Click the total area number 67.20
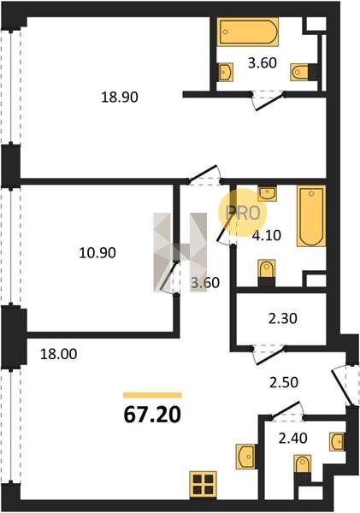click(x=152, y=415)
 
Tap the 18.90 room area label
click(x=120, y=97)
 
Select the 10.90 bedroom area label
click(x=97, y=253)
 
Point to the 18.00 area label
click(x=59, y=354)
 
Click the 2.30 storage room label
click(x=283, y=318)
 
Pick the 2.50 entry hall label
click(x=284, y=382)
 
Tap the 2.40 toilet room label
click(x=293, y=438)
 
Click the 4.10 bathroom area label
click(x=267, y=235)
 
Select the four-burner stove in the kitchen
click(x=203, y=485)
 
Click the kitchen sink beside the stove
click(x=245, y=457)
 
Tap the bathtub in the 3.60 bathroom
click(x=248, y=32)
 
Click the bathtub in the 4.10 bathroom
click(x=311, y=216)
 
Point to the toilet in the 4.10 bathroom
click(x=267, y=271)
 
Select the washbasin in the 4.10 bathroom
click(x=268, y=193)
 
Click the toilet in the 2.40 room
click(x=303, y=464)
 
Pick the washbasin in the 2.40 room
click(x=336, y=442)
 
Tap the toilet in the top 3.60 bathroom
click(x=299, y=72)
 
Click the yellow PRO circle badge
click(x=243, y=213)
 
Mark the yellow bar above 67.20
click(x=152, y=395)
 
